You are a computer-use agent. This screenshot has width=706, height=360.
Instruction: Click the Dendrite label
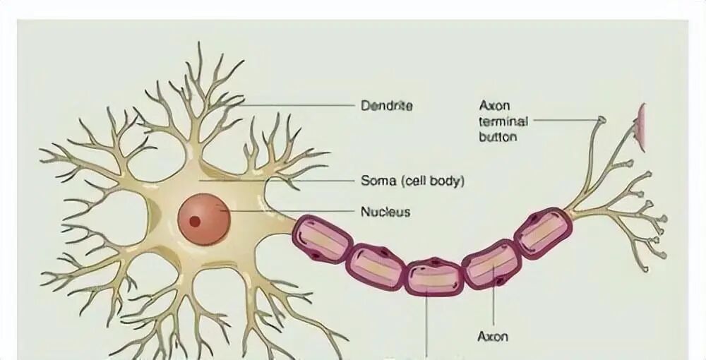click(386, 106)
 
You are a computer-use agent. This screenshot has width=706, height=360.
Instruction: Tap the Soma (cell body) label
click(412, 181)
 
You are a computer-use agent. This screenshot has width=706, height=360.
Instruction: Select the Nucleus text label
click(385, 211)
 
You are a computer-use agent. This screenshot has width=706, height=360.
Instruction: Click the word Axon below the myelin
click(493, 337)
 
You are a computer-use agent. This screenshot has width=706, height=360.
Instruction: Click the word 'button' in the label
click(498, 136)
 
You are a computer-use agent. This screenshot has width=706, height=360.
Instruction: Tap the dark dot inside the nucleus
click(195, 221)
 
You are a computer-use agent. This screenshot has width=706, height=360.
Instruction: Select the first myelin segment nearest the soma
click(322, 239)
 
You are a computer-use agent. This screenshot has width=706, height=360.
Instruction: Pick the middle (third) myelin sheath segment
click(434, 276)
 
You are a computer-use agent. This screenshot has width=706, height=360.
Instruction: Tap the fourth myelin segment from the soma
click(492, 263)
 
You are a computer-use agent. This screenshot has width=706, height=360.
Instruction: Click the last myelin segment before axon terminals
click(542, 233)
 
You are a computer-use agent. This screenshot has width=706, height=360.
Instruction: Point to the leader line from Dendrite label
click(297, 105)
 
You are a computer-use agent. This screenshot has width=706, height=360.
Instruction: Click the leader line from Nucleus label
click(289, 211)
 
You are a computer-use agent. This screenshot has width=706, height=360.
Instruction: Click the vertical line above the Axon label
click(493, 300)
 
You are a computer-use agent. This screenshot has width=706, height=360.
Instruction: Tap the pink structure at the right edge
click(641, 127)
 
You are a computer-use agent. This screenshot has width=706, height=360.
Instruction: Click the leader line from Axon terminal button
click(565, 121)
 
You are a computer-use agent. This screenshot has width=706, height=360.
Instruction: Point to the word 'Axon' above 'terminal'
click(494, 106)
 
